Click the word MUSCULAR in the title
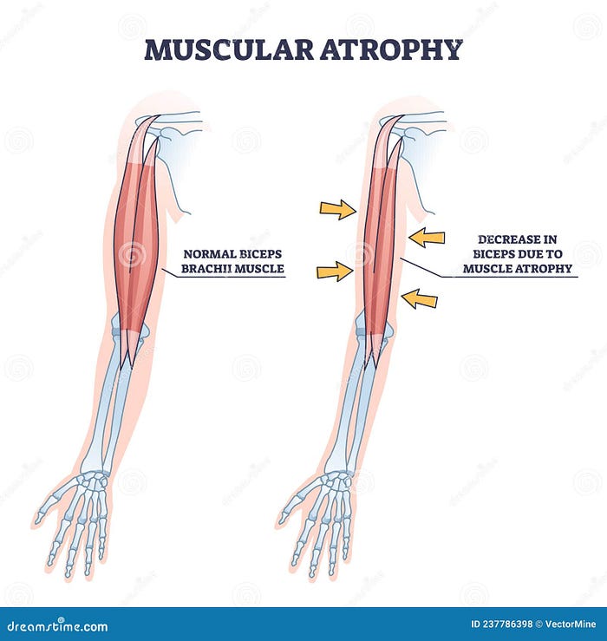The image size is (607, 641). [229, 49]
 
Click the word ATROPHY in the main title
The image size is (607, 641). [391, 49]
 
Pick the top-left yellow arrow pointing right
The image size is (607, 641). [337, 210]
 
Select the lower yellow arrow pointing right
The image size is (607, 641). [335, 271]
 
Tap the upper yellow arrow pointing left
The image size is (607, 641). [427, 237]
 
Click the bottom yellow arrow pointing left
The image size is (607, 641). [420, 298]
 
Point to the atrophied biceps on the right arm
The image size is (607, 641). [380, 245]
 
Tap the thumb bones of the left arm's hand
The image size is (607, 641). [51, 504]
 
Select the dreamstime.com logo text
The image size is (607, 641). [57, 625]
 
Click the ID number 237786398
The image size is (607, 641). [507, 624]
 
